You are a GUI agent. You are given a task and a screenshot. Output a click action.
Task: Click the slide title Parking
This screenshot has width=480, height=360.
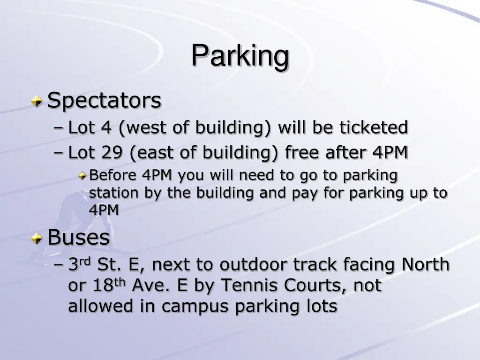(240, 56)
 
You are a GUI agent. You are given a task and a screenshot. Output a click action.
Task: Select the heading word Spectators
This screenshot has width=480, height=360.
(105, 100)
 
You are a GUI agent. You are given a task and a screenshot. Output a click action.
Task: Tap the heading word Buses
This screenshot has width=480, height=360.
(79, 237)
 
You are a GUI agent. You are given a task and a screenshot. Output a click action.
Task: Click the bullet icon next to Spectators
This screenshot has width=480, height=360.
(37, 100)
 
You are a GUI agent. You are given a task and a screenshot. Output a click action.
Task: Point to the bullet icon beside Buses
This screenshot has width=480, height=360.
(37, 239)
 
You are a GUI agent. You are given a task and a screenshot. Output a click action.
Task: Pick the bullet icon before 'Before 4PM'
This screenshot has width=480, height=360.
(82, 176)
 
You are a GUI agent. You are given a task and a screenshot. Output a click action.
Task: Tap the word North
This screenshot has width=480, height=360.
(425, 265)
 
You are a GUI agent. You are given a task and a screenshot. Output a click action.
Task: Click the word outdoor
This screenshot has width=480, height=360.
(254, 265)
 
